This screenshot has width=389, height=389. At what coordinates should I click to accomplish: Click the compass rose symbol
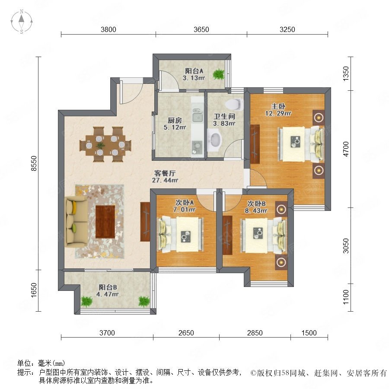pos(22,21)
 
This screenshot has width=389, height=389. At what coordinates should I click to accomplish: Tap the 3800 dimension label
pos(108,29)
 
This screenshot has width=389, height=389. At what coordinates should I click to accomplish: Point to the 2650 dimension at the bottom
pos(186,333)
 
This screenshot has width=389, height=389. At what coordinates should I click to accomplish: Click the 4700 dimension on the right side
pos(346,149)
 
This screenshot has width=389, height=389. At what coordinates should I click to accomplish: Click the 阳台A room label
pos(194,71)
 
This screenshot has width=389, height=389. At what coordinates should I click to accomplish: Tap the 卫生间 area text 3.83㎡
pos(224,123)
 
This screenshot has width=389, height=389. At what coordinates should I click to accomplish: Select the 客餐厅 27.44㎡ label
pos(165,177)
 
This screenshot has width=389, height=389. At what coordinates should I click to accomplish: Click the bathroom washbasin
pos(215,141)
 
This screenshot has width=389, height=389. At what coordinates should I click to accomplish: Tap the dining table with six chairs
pos(105,145)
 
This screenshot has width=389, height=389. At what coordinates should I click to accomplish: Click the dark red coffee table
pos(105,222)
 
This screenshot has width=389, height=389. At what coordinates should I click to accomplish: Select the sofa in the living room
pos(76,221)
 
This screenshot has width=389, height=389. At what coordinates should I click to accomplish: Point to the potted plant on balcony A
pos(219,74)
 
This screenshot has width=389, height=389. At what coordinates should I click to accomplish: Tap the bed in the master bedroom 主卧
pos(301,144)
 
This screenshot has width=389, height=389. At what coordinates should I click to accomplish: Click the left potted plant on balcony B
pos(86,301)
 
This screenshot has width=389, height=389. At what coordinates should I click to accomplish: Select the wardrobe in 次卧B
pos(227,235)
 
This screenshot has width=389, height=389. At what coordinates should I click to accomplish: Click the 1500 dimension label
pos(309,333)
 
